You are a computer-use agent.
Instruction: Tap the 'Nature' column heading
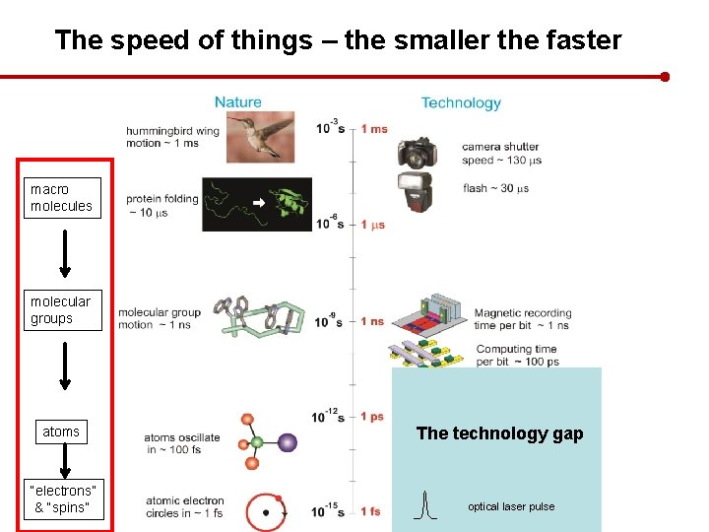pos(238,101)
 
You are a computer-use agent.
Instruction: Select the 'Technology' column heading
pos(461,102)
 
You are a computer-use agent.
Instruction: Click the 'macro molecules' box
pos(61,197)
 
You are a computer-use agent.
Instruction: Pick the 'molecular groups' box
pos(60,310)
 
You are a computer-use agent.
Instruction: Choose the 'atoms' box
pos(61,432)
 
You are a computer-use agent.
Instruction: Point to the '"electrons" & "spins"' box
pos(63,499)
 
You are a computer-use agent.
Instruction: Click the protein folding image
pos(263,204)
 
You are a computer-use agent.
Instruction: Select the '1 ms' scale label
pos(374,129)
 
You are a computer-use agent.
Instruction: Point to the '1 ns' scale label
pos(373,321)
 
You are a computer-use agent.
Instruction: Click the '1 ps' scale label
pos(372,417)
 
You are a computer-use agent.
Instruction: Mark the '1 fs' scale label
pos(371,511)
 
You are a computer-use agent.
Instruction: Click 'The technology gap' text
pos(499,433)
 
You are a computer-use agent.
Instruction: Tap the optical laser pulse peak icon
pos(424,505)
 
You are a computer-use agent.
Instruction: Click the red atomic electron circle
pos(266,512)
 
